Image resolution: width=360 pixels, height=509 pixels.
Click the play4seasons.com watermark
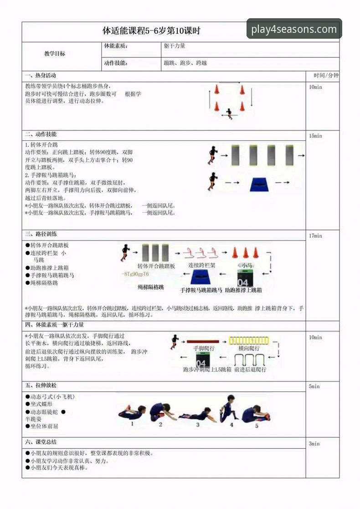[294, 30]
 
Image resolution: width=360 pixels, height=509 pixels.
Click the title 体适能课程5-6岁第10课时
[151, 31]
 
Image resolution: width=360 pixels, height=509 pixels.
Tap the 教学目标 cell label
[55, 54]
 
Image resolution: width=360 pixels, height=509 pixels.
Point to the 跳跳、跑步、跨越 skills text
[185, 63]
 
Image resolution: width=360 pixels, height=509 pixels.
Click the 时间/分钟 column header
[326, 76]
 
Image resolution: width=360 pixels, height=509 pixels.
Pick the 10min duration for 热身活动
[315, 87]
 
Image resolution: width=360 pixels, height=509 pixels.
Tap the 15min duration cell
[315, 136]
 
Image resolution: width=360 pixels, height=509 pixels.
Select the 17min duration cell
[315, 236]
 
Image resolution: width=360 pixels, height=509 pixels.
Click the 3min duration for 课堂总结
[314, 443]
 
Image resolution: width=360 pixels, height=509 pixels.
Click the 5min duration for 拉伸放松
[314, 386]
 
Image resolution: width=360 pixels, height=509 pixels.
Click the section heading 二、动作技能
[41, 134]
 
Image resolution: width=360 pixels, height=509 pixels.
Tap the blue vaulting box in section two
[261, 184]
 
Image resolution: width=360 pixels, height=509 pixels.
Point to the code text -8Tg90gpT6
[135, 274]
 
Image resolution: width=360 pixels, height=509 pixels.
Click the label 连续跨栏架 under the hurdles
[202, 265]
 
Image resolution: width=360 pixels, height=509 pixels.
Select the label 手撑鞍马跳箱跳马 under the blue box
[201, 290]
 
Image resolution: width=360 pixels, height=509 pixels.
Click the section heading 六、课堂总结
[41, 442]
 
